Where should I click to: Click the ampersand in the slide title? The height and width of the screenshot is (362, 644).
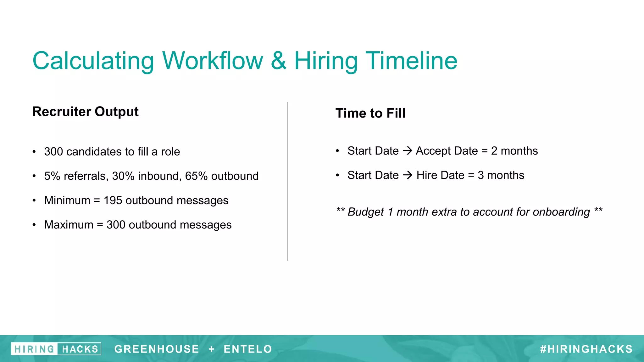[x=279, y=61]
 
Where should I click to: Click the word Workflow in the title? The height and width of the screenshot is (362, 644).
[x=213, y=61]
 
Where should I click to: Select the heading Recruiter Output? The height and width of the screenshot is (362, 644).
[x=85, y=112]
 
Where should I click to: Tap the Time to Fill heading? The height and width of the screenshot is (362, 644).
[x=370, y=113]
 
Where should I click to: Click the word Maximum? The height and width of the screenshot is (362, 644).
[x=69, y=225]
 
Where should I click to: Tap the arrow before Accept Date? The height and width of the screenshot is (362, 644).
[x=408, y=151]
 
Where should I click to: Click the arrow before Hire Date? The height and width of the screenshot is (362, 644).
[x=408, y=175]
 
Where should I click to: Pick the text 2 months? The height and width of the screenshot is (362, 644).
[x=514, y=151]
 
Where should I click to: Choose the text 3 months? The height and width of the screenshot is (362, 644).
[x=501, y=175]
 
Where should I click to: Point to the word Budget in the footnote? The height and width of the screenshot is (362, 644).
[x=366, y=212]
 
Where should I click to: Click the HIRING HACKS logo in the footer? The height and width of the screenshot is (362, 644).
[x=56, y=349]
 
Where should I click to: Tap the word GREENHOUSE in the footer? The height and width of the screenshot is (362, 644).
[x=157, y=349]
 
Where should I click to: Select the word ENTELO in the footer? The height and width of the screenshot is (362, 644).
[x=248, y=349]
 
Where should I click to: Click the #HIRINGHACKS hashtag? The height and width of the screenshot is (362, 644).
[x=586, y=349]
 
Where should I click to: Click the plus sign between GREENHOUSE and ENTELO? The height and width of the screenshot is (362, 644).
[x=211, y=349]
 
